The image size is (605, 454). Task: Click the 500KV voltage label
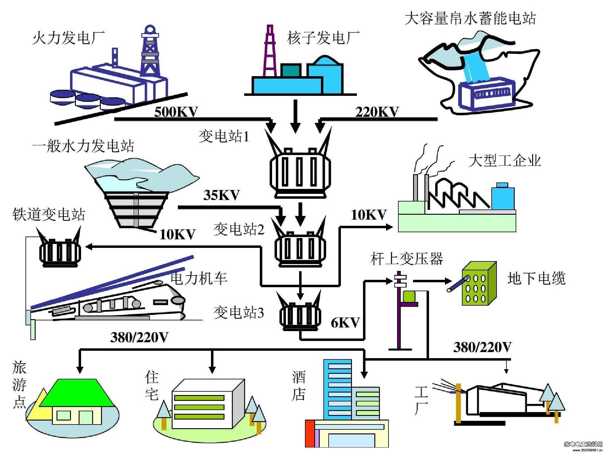click(x=176, y=112)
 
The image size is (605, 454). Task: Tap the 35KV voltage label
click(x=221, y=195)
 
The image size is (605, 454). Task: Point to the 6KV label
click(x=345, y=323)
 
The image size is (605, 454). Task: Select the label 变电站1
click(x=224, y=136)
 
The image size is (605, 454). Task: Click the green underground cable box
click(x=479, y=283)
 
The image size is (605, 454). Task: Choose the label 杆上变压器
click(x=407, y=259)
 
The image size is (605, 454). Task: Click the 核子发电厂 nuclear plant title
click(x=323, y=38)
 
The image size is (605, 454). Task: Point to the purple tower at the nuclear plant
click(x=270, y=51)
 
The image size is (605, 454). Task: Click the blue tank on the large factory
click(x=503, y=197)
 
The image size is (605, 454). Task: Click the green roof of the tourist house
click(x=76, y=393)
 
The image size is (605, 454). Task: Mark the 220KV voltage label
click(x=377, y=112)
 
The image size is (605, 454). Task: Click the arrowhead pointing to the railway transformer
click(x=89, y=247)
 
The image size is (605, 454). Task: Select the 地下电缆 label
click(x=536, y=279)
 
